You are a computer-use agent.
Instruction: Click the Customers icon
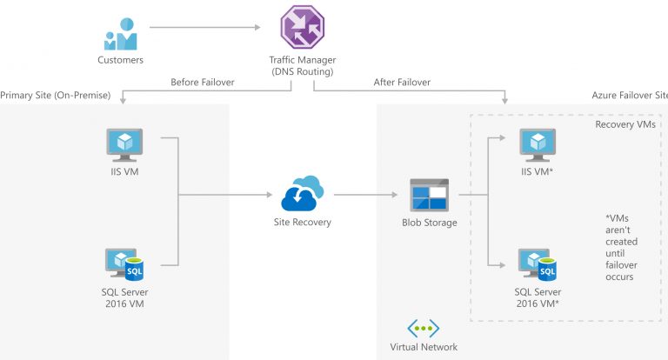point(120,34)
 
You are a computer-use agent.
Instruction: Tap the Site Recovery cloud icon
point(301,193)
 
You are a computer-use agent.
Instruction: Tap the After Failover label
point(401,83)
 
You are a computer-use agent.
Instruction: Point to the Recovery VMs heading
point(625,124)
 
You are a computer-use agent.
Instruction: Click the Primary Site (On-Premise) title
point(55,95)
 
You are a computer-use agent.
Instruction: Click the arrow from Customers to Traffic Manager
point(205,28)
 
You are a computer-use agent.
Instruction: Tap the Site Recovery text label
point(302,223)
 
